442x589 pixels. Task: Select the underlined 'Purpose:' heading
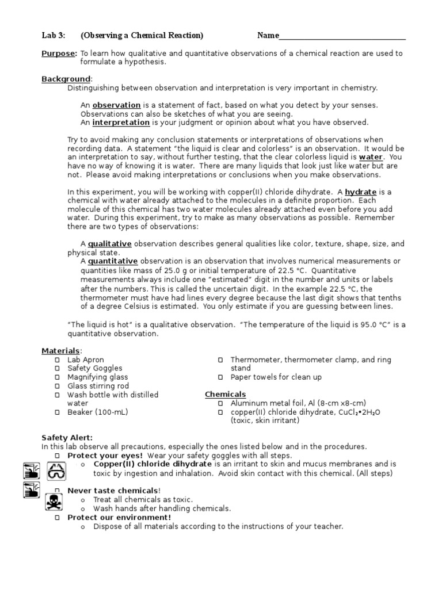click(x=59, y=53)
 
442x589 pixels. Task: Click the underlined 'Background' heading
click(x=66, y=79)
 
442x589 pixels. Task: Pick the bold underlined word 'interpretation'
click(x=121, y=123)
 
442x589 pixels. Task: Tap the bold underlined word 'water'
click(x=370, y=157)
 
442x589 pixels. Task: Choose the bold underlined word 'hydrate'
click(x=360, y=192)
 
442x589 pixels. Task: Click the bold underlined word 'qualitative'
click(x=109, y=244)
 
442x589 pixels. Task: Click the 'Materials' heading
click(x=61, y=351)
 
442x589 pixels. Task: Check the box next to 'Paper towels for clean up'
click(x=220, y=377)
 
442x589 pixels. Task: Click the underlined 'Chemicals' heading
click(x=226, y=395)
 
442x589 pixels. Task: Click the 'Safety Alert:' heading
click(x=67, y=438)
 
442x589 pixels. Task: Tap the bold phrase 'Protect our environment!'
click(x=119, y=517)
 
